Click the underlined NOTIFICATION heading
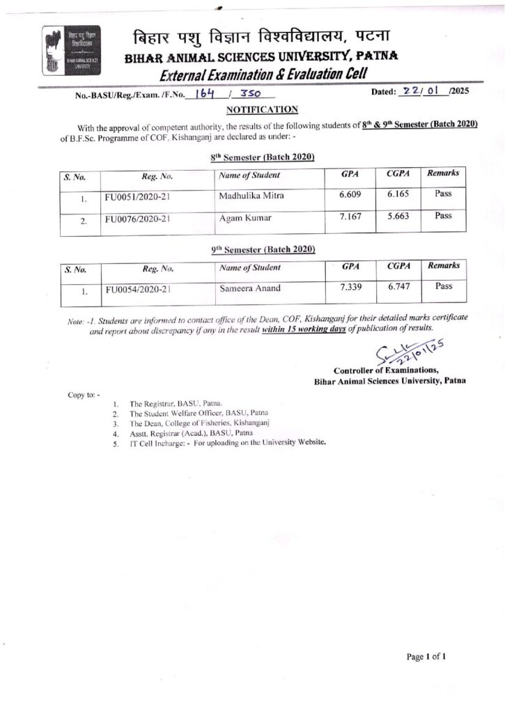262,109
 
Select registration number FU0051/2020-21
138,197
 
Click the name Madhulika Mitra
251,196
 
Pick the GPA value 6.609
350,195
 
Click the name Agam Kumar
244,218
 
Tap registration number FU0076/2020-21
138,219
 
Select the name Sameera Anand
249,287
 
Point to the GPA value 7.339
352,287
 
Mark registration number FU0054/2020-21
138,289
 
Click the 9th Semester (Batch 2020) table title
263,249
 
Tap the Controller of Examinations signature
407,354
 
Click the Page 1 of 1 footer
426,656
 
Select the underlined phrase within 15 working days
304,328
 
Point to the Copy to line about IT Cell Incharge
227,442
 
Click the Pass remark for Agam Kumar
444,216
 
